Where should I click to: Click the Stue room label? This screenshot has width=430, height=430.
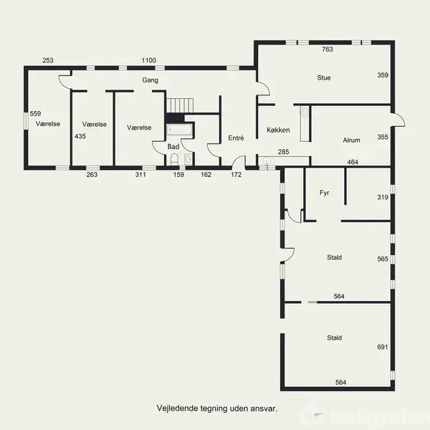[x=324, y=78]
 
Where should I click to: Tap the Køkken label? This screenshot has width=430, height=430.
[x=278, y=130]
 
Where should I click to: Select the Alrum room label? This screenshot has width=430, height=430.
[x=351, y=140]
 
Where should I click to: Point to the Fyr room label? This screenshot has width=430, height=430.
[x=324, y=193]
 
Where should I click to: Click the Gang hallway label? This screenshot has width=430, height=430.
[x=150, y=80]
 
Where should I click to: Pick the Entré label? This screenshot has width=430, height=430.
[x=236, y=138]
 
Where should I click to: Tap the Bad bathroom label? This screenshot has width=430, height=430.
[x=173, y=147]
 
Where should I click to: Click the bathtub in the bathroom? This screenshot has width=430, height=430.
[x=180, y=130]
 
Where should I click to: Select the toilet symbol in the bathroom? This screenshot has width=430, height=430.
[x=174, y=159]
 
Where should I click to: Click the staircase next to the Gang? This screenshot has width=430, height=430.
[x=180, y=105]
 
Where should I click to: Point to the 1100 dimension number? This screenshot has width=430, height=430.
[x=148, y=60]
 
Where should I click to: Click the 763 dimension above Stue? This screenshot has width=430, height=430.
[x=328, y=49]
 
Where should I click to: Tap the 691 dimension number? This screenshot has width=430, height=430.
[x=383, y=347]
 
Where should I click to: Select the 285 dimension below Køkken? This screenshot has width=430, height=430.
[x=283, y=152]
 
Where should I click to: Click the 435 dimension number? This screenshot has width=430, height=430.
[x=80, y=136]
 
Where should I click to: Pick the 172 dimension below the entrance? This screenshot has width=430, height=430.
[x=236, y=174]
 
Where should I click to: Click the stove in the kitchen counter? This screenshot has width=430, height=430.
[x=305, y=113]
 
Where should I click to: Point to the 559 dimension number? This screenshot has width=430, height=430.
[x=35, y=113]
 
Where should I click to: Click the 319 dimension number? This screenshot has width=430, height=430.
[x=383, y=197]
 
